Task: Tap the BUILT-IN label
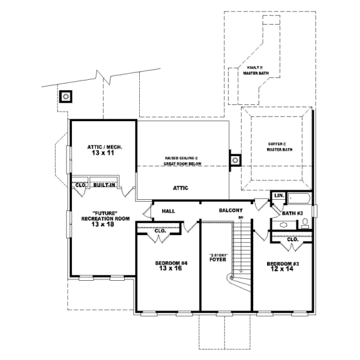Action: [x=104, y=185]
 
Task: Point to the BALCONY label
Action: [x=230, y=211]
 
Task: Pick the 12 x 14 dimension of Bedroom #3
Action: [x=284, y=269]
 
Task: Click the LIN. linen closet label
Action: [x=278, y=196]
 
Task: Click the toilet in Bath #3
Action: [x=305, y=224]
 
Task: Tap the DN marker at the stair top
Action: [x=241, y=217]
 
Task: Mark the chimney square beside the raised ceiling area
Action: [x=235, y=160]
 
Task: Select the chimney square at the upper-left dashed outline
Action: [x=64, y=96]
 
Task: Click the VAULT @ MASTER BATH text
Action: [x=256, y=71]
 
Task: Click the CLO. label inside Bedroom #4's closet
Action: [x=160, y=231]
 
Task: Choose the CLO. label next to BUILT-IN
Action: [x=80, y=185]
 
